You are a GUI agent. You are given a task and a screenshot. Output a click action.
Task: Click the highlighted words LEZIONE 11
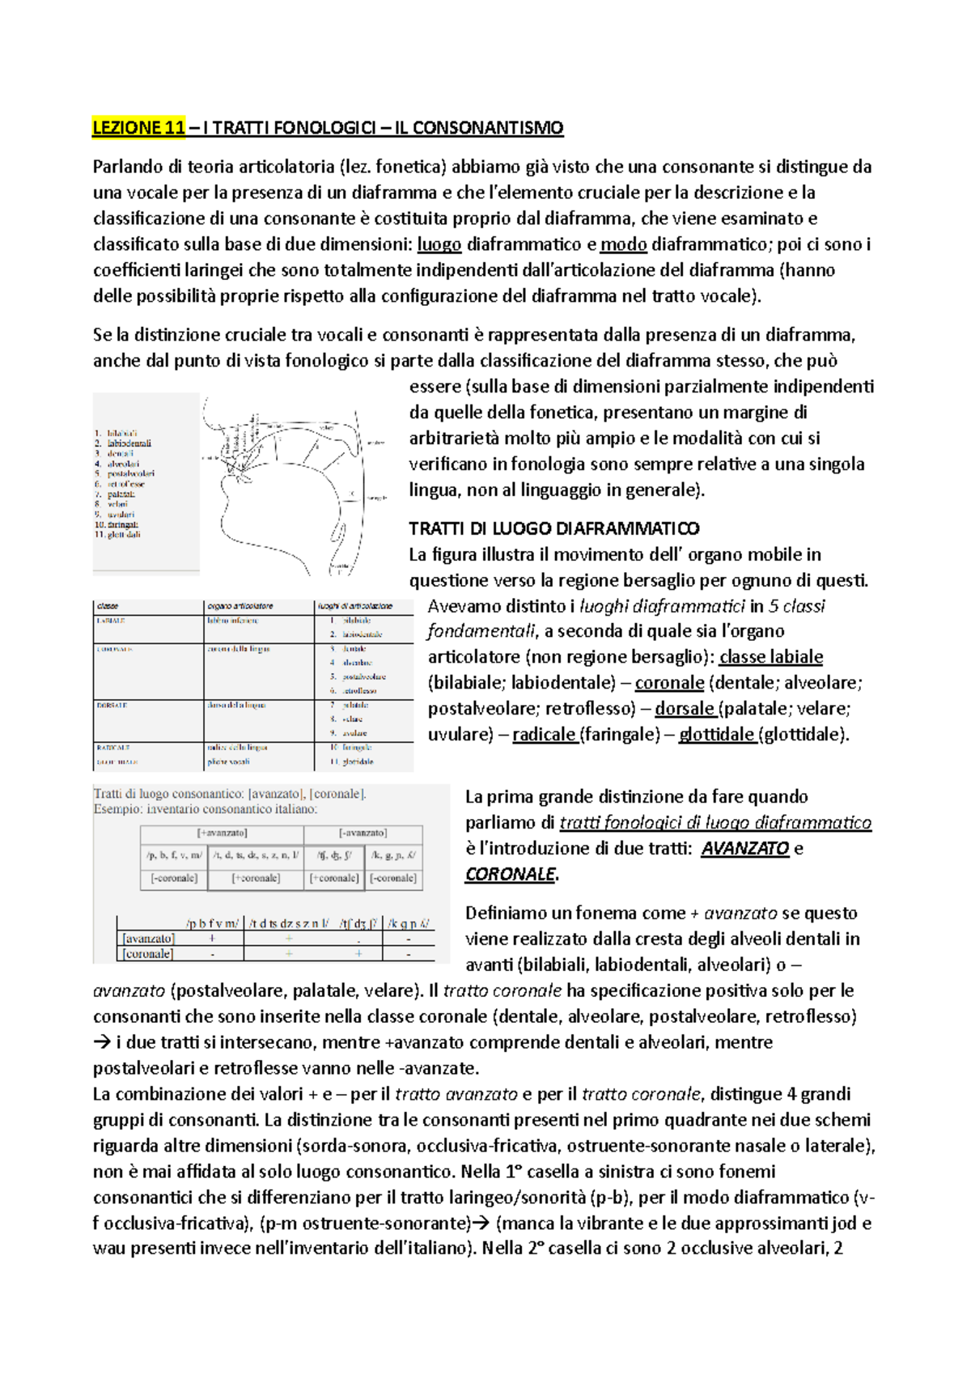click(x=138, y=127)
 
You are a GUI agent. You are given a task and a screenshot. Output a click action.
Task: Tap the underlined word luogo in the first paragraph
click(x=439, y=244)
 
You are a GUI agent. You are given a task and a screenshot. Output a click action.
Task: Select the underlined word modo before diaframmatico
click(x=623, y=244)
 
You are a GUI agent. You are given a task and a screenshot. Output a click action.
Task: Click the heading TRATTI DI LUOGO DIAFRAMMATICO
click(x=554, y=528)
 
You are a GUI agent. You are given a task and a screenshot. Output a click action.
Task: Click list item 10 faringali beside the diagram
click(x=118, y=524)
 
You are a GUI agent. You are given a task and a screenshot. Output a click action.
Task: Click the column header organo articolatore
click(x=240, y=606)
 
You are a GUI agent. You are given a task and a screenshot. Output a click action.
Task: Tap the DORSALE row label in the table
click(x=112, y=706)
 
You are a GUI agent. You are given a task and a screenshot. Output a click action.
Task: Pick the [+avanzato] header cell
click(x=223, y=833)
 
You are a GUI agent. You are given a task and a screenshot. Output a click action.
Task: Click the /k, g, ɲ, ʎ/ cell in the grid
click(x=393, y=855)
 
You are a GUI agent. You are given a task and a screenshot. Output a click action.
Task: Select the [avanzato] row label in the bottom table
click(x=148, y=939)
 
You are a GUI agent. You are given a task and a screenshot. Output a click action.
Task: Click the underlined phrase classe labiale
click(x=771, y=657)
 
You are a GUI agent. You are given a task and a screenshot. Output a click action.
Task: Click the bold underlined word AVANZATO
click(x=744, y=849)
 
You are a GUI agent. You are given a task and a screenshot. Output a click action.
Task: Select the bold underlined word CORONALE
click(x=510, y=875)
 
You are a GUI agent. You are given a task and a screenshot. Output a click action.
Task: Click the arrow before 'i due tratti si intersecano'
click(x=102, y=1042)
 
